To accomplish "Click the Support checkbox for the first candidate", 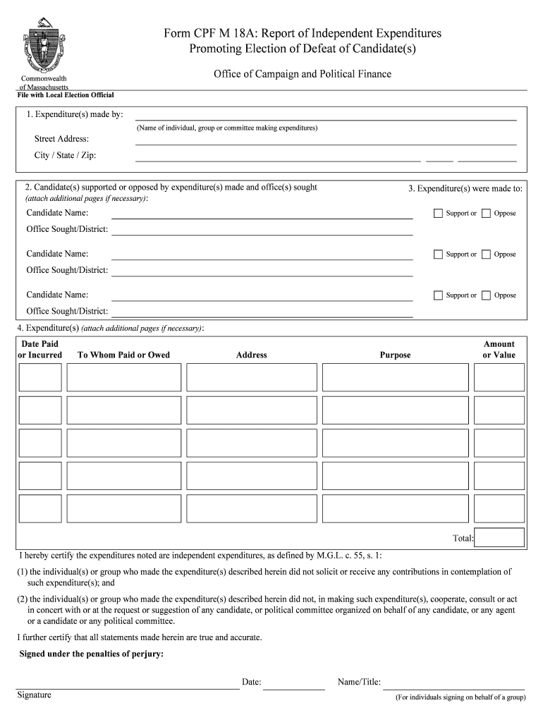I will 438,214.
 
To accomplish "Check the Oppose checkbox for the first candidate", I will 486,214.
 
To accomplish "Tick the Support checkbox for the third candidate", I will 438,295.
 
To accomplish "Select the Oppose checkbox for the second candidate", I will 486,255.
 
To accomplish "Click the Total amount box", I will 499,538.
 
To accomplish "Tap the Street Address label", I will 62,139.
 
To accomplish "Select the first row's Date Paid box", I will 40,377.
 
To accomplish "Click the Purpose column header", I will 395,355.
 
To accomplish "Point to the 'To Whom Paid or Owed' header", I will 123,355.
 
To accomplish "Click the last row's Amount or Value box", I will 499,508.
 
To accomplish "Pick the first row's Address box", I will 251,377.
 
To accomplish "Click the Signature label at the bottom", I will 35,695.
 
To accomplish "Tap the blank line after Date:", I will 294,684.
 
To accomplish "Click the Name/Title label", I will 359,683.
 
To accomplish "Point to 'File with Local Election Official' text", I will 66,95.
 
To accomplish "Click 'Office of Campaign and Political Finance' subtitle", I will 302,74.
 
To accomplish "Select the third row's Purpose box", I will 395,443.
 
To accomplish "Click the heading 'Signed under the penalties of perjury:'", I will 92,654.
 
